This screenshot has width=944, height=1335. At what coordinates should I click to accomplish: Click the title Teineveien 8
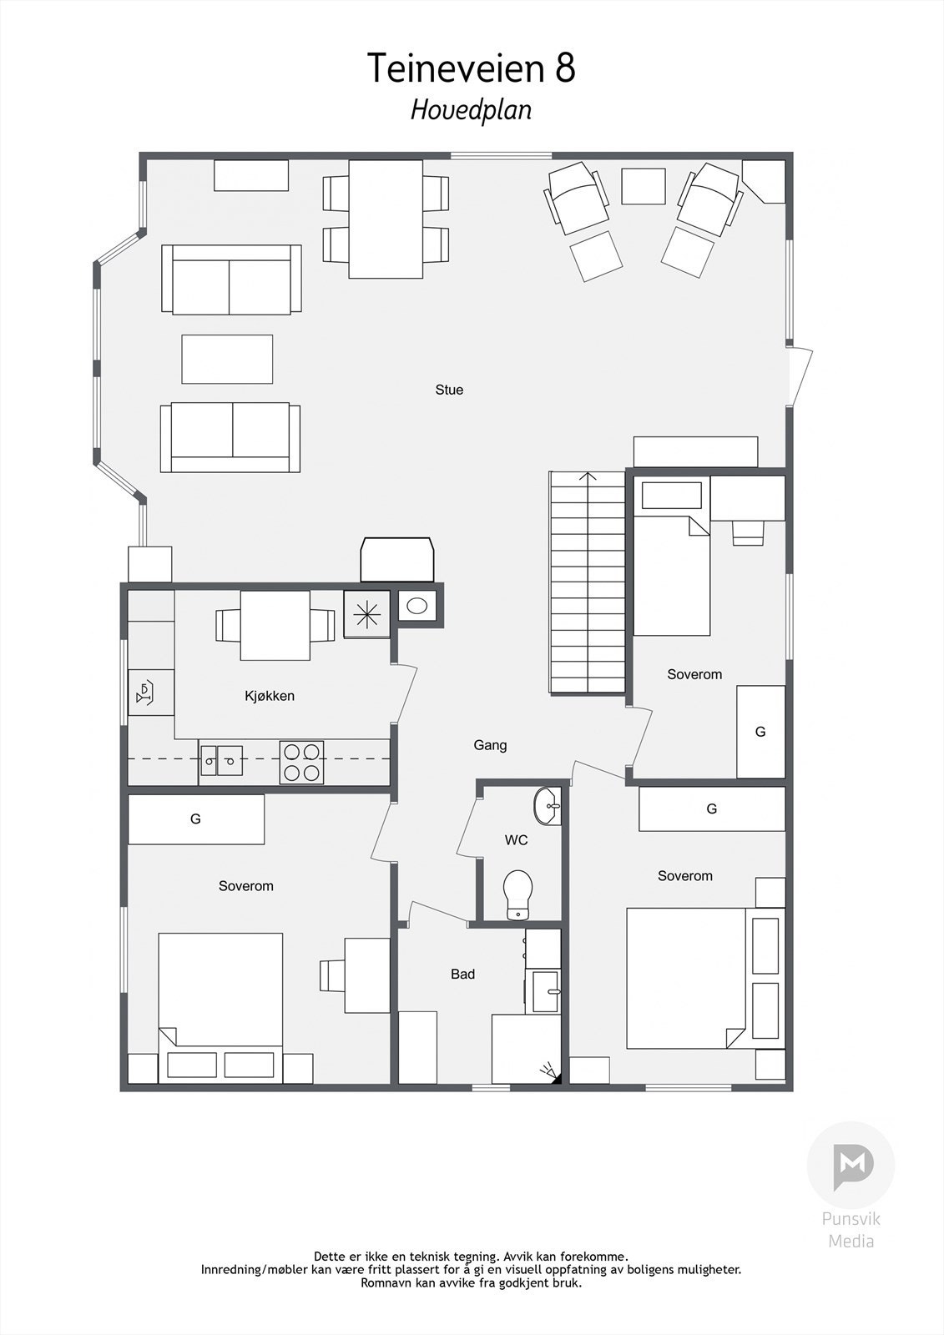(472, 68)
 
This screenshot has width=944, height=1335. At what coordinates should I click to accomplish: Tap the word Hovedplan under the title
(471, 110)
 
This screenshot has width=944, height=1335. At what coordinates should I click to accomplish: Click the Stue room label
(449, 390)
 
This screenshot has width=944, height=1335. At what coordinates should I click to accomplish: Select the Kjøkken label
(270, 696)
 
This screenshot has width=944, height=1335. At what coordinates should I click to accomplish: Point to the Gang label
(490, 745)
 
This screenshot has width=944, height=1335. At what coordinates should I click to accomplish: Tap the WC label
(517, 840)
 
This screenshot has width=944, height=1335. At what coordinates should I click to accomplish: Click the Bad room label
(462, 974)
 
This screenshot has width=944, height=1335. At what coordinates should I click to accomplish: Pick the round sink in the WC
(547, 806)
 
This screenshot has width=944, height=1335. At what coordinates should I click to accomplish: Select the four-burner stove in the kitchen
(301, 762)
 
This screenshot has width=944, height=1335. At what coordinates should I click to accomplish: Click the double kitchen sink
(221, 760)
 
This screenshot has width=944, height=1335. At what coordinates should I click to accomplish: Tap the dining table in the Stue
(386, 219)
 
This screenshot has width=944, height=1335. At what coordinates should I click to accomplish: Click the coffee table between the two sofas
(227, 359)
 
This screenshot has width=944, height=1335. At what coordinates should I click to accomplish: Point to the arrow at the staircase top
(588, 478)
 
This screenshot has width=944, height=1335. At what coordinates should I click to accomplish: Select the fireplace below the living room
(397, 560)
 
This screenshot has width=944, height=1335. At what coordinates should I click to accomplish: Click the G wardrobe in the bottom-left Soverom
(196, 819)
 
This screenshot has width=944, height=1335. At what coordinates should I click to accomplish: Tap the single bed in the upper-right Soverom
(671, 567)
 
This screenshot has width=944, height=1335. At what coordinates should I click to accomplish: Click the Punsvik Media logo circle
(851, 1164)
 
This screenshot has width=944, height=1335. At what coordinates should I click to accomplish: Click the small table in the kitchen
(275, 625)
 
